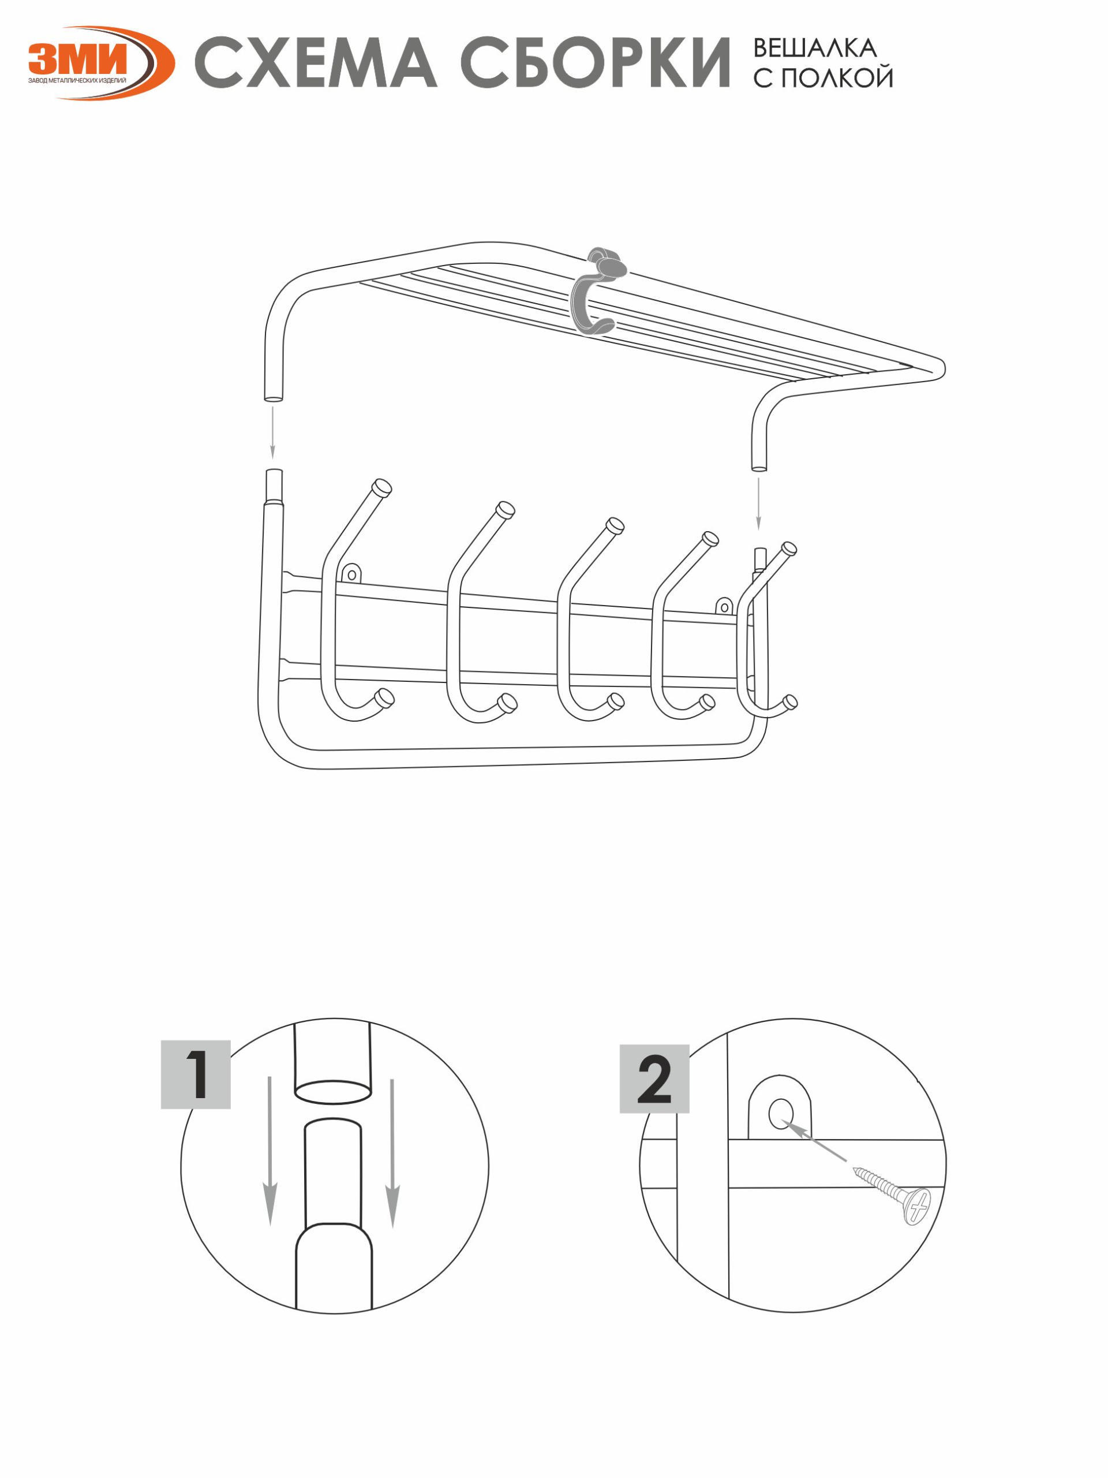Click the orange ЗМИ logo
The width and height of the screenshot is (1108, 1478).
100,64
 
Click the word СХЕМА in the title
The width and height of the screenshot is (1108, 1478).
315,64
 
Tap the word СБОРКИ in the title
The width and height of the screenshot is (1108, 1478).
595,64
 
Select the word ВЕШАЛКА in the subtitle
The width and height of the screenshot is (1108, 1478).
815,47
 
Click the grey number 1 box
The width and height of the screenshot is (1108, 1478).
196,1074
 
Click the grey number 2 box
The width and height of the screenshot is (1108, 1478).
654,1078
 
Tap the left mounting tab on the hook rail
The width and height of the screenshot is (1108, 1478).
352,573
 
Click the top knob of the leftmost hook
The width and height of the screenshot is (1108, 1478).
382,488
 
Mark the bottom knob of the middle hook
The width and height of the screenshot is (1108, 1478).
616,701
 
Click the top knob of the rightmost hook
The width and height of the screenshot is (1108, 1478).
788,550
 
